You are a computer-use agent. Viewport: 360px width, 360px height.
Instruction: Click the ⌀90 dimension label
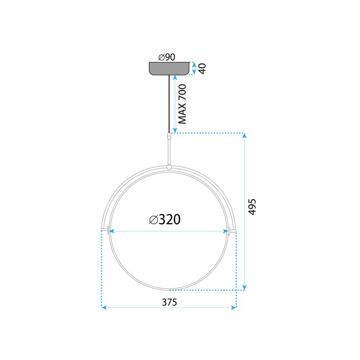166,57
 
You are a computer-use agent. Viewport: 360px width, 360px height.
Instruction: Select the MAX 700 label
183,104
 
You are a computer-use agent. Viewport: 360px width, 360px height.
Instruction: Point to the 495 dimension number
252,207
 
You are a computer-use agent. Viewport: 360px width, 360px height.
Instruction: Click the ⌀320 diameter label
165,219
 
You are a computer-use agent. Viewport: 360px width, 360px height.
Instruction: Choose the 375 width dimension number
169,302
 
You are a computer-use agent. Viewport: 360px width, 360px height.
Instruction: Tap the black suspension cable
169,104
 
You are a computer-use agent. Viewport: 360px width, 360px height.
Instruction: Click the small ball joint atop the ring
169,167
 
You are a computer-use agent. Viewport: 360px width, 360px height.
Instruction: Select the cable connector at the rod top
169,136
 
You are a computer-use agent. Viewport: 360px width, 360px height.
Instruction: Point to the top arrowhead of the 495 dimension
244,136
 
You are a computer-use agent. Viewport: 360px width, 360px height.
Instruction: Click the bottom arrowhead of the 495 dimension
244,287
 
